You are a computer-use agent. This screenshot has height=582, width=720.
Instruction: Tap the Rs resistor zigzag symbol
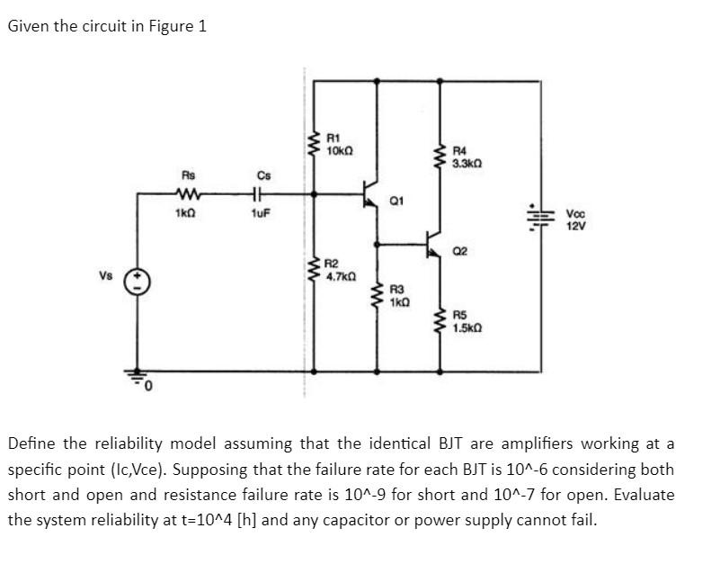click(189, 193)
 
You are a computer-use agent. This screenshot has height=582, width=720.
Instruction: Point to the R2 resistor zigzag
click(314, 269)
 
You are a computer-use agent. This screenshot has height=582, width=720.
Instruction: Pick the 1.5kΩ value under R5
click(467, 328)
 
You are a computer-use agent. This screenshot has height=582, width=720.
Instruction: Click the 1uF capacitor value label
click(261, 216)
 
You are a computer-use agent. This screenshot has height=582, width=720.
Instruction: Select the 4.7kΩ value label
click(339, 277)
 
